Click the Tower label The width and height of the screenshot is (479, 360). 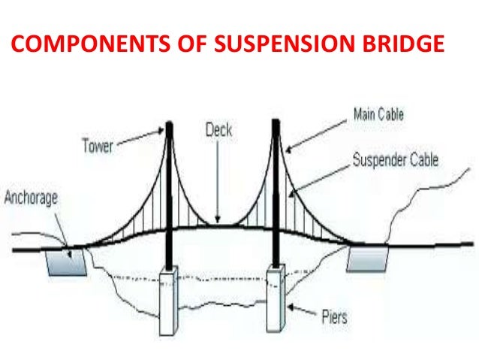98,145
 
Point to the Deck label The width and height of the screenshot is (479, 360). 218,130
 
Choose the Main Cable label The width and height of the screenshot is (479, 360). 378,115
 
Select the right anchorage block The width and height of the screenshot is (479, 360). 367,259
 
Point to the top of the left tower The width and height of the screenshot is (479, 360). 170,125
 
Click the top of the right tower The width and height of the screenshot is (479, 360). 275,122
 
